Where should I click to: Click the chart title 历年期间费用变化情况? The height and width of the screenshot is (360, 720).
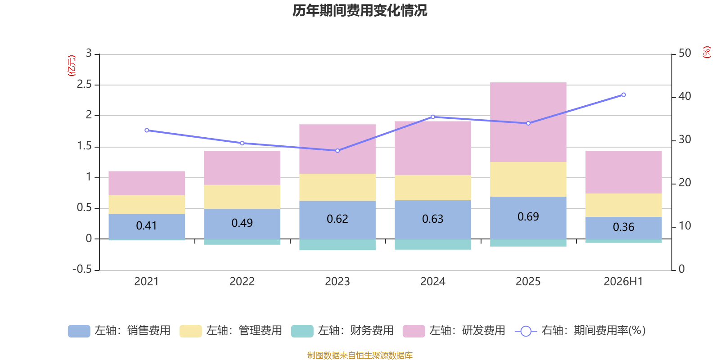pyautogui.click(x=360, y=11)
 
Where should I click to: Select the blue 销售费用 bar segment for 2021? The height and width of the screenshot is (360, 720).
pyautogui.click(x=147, y=226)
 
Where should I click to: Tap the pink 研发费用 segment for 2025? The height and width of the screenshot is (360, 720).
pyautogui.click(x=528, y=122)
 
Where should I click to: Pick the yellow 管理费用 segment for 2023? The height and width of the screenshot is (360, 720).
pyautogui.click(x=337, y=187)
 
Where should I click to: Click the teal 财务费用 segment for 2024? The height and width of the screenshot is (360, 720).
pyautogui.click(x=432, y=244)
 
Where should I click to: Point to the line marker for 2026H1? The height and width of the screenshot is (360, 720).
pyautogui.click(x=624, y=95)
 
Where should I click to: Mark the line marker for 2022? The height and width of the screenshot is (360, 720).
pyautogui.click(x=242, y=143)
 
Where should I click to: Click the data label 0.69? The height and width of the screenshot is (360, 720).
pyautogui.click(x=528, y=216)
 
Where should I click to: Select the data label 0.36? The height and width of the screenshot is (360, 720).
pyautogui.click(x=624, y=227)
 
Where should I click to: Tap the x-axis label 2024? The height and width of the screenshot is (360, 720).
pyautogui.click(x=432, y=282)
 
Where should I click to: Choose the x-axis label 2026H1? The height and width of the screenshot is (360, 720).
pyautogui.click(x=623, y=282)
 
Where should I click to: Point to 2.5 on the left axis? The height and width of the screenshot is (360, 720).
pyautogui.click(x=84, y=84)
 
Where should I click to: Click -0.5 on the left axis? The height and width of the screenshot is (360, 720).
pyautogui.click(x=82, y=269)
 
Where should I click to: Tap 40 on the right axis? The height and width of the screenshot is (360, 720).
pyautogui.click(x=685, y=96)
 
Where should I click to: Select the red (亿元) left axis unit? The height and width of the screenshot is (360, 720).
pyautogui.click(x=72, y=66)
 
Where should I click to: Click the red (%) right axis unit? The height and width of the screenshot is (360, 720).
pyautogui.click(x=706, y=52)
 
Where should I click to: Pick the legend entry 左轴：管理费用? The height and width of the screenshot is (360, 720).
pyautogui.click(x=230, y=331)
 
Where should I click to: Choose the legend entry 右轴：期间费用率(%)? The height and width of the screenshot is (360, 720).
pyautogui.click(x=580, y=331)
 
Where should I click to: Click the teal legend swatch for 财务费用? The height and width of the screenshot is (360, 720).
pyautogui.click(x=302, y=331)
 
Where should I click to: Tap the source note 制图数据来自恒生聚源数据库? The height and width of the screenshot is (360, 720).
pyautogui.click(x=360, y=355)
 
